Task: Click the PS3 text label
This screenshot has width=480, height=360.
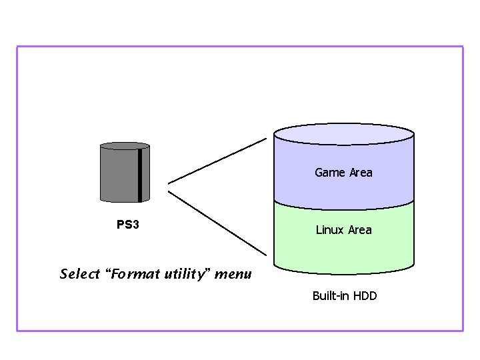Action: click(127, 225)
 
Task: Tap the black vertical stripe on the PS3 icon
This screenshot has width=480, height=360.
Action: click(140, 175)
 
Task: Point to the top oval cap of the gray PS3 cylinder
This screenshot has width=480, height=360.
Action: click(125, 146)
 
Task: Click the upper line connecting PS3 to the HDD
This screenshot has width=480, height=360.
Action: click(217, 161)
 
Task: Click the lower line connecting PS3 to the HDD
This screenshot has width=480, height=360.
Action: click(217, 223)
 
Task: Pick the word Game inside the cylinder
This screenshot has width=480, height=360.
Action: click(329, 173)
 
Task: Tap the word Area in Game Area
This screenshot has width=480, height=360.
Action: click(359, 173)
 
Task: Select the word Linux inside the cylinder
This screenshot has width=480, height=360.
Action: click(329, 230)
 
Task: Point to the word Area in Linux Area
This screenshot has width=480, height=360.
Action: click(359, 230)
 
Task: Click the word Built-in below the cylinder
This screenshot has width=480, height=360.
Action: click(331, 295)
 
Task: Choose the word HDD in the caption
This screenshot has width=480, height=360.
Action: click(364, 295)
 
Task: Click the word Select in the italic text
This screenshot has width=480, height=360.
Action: click(79, 274)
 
